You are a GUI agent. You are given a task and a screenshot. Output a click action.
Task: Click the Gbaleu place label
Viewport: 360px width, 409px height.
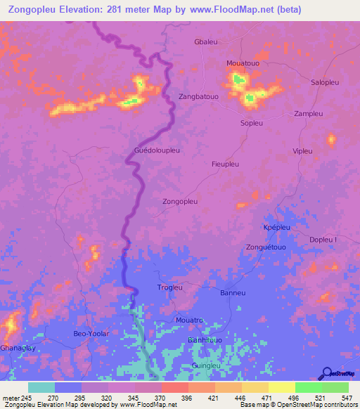[206, 42]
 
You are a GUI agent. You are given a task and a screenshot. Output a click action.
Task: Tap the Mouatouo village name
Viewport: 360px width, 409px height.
[243, 63]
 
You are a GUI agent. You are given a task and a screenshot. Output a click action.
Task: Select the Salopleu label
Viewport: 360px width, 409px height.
[326, 82]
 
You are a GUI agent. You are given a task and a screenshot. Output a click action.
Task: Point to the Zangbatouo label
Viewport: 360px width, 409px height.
[199, 96]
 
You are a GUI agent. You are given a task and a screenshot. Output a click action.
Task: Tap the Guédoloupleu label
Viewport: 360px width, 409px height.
[157, 150]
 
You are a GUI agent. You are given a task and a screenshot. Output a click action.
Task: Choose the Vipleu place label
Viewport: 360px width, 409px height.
[302, 151]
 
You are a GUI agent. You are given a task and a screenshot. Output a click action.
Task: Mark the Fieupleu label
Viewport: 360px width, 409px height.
[226, 164]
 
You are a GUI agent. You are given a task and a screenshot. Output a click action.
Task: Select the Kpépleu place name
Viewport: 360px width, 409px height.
[276, 228]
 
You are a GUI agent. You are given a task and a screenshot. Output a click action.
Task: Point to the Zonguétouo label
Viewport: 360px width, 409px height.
[266, 247]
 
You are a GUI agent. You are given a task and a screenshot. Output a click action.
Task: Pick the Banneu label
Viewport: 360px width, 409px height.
[232, 292]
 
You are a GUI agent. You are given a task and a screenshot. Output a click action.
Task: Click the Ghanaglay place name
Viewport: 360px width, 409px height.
[17, 348]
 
